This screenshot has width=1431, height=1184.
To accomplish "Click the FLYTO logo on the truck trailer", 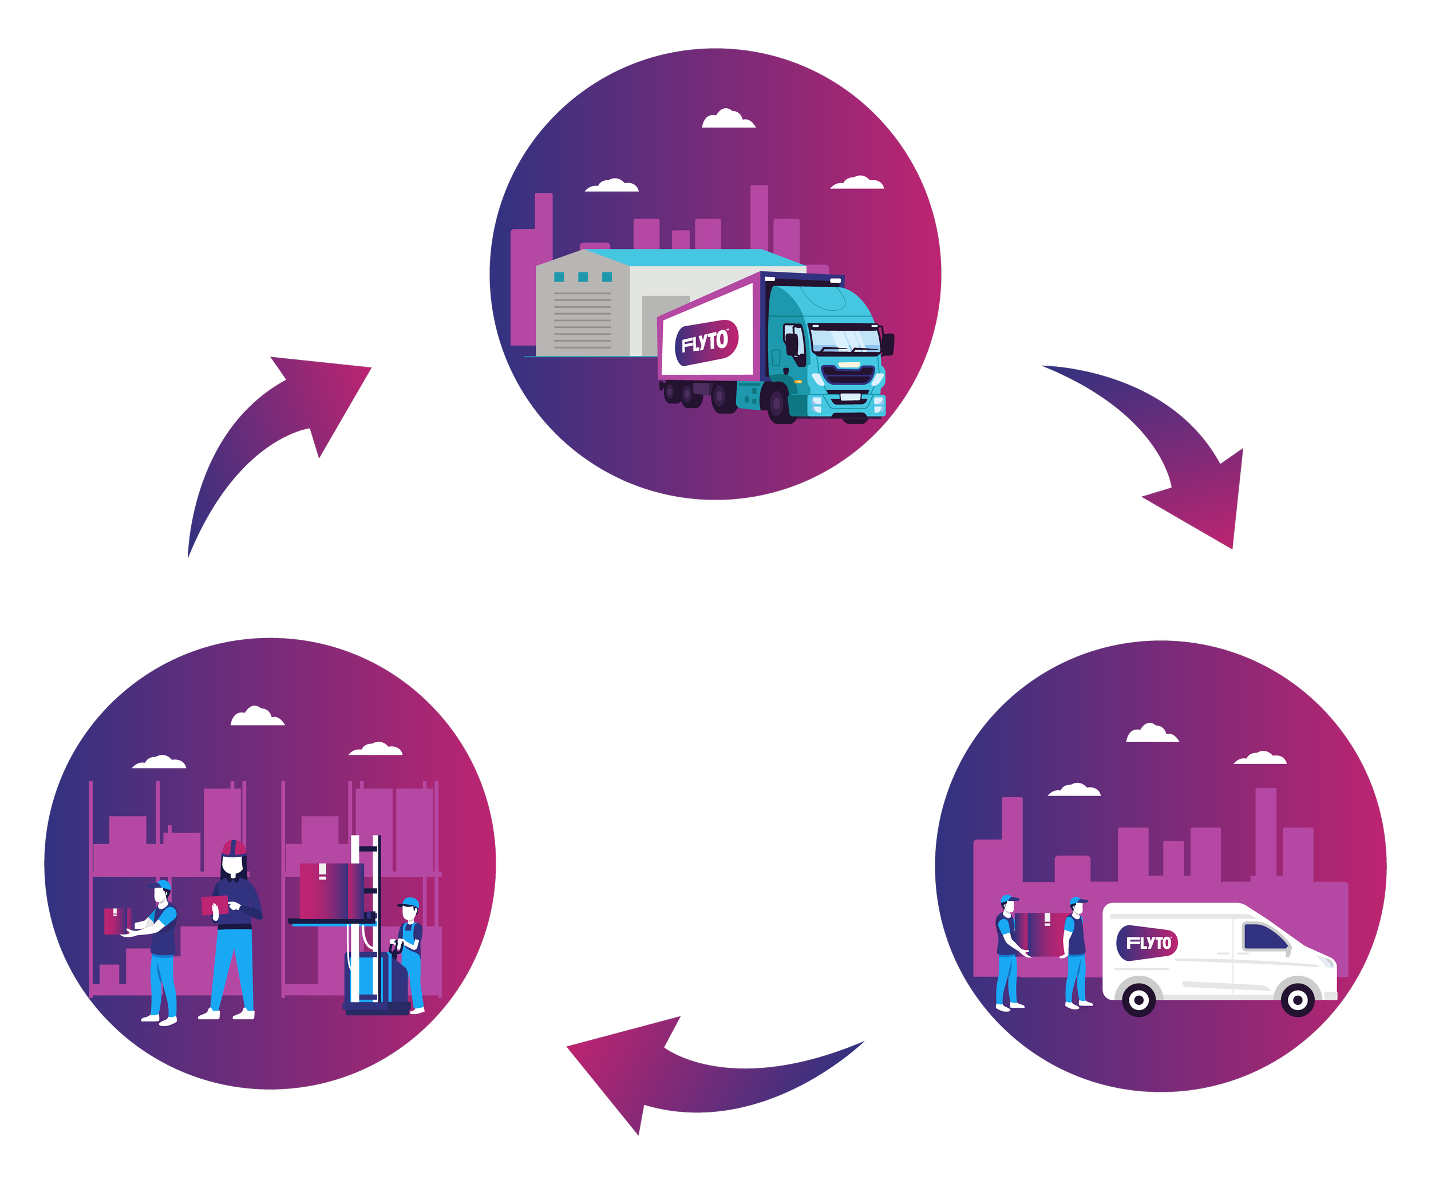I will click(x=706, y=342).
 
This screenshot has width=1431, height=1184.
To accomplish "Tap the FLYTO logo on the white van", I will click(x=1147, y=944).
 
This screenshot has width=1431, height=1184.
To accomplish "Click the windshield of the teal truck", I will click(x=845, y=339).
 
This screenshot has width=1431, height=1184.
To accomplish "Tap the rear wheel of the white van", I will click(x=1139, y=1000).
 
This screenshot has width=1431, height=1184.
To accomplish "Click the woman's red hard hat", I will click(x=234, y=849).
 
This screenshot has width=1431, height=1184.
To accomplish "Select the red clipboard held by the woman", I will click(x=215, y=905).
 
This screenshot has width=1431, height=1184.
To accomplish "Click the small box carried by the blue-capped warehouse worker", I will click(x=116, y=921).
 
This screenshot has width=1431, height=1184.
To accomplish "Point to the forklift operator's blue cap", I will click(x=409, y=904).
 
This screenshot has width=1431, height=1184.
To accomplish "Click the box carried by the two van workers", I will click(x=1042, y=933).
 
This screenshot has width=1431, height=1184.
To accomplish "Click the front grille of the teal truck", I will click(x=848, y=375).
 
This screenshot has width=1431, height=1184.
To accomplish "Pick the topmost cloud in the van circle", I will click(x=1152, y=734).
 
